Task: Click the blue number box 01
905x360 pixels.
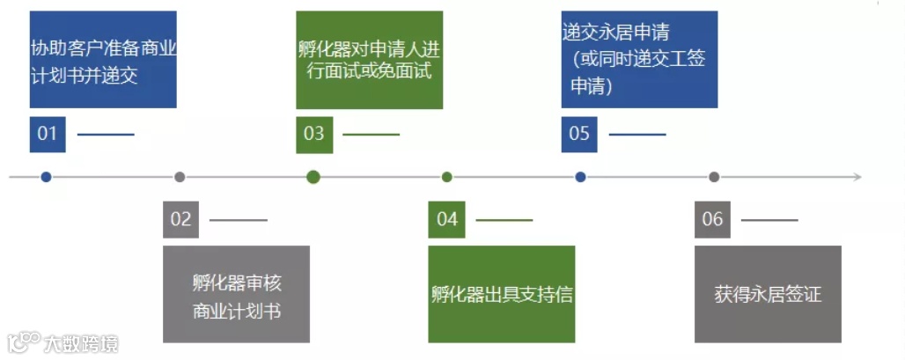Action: click(x=48, y=134)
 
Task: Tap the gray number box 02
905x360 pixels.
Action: click(x=180, y=219)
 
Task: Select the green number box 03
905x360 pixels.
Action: click(x=313, y=134)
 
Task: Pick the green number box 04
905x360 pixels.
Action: click(x=447, y=219)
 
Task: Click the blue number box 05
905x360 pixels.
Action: click(x=579, y=134)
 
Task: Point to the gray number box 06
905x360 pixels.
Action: click(x=712, y=219)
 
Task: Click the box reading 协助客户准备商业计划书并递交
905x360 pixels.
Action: click(x=103, y=60)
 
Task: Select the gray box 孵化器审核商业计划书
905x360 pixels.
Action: click(x=236, y=294)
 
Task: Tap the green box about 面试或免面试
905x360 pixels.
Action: click(x=369, y=60)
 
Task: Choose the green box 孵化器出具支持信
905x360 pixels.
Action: click(x=502, y=294)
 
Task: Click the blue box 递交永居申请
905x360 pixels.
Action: click(x=639, y=60)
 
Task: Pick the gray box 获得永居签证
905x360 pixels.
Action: click(x=768, y=294)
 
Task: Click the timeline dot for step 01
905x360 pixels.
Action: click(x=46, y=177)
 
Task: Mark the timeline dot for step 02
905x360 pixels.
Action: click(x=180, y=177)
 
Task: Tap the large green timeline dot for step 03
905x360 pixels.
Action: click(x=313, y=177)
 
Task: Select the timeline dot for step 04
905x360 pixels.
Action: click(x=447, y=177)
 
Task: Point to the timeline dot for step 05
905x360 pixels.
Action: click(x=580, y=177)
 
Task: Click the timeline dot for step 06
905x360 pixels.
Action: click(x=714, y=177)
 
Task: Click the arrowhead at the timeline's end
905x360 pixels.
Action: click(x=857, y=177)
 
